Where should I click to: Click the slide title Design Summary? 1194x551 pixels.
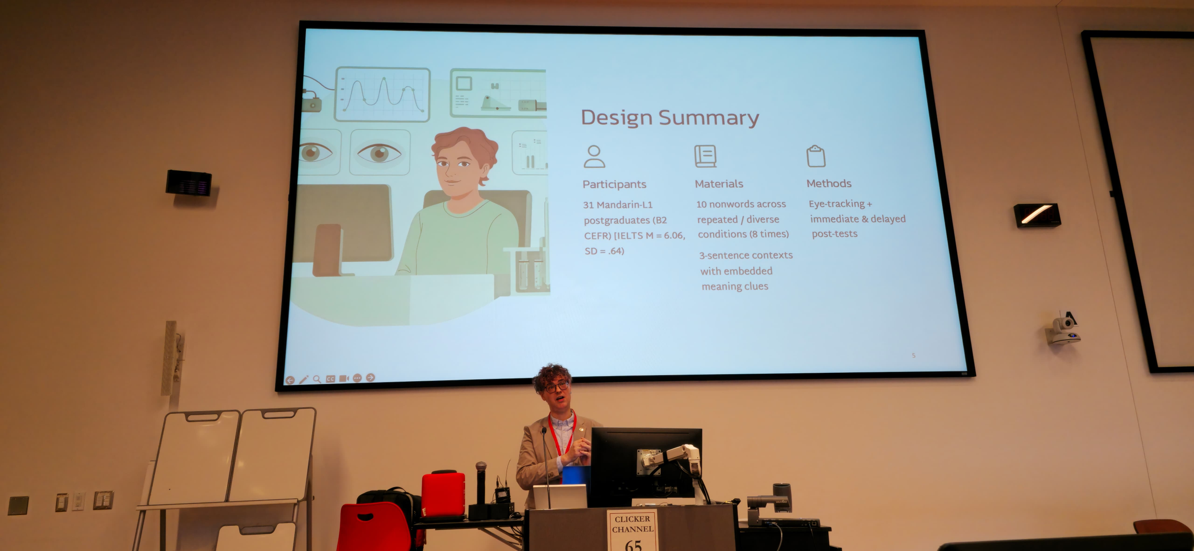[x=670, y=118]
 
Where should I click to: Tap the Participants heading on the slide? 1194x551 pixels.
[x=614, y=184]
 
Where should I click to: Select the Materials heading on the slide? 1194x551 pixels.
[x=719, y=184]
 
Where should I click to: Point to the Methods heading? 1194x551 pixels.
[x=829, y=183]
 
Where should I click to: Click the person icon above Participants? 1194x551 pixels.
[x=594, y=156]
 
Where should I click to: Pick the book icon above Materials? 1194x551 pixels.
[x=705, y=156]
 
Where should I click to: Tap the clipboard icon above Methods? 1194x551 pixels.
[x=816, y=156]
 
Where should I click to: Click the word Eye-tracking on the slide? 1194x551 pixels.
[x=837, y=204]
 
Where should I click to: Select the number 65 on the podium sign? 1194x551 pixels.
[x=633, y=544]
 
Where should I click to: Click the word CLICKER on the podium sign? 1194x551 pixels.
[x=632, y=519]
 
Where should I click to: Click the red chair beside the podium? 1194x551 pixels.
[x=374, y=527]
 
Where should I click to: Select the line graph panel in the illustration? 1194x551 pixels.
[x=382, y=94]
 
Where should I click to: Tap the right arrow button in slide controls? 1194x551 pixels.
[x=370, y=377]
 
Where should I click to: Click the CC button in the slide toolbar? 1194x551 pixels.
[x=330, y=379]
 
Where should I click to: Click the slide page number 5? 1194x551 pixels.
[x=914, y=356]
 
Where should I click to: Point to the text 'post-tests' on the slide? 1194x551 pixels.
[x=834, y=234]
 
